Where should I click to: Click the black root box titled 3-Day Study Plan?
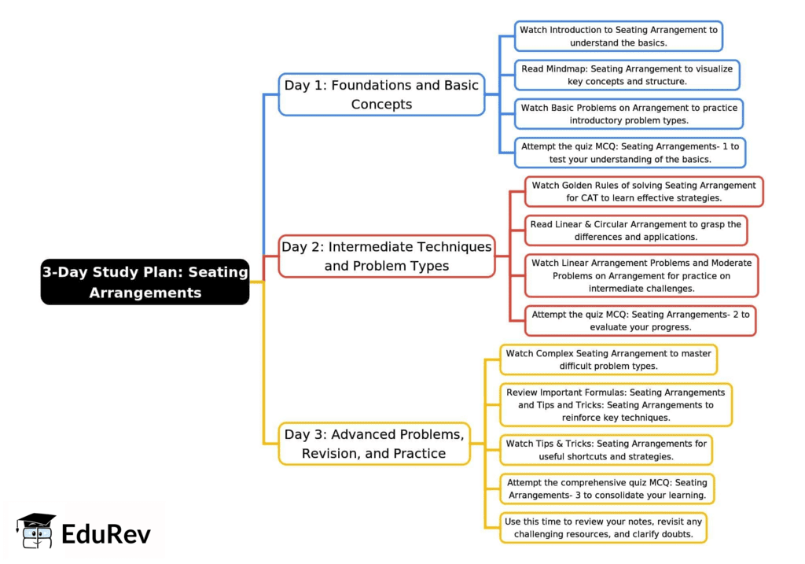(x=145, y=282)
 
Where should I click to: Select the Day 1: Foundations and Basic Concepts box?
(x=381, y=94)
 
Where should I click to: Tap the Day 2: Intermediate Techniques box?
(x=387, y=256)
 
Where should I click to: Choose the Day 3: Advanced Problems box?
(x=374, y=444)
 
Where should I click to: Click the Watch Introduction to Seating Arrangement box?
(x=619, y=36)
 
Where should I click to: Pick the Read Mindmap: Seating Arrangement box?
(x=627, y=75)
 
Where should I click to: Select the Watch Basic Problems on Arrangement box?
(x=629, y=113)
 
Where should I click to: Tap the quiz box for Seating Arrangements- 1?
(x=630, y=153)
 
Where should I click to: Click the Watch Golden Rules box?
(x=644, y=192)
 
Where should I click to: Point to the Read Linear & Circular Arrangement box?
(x=635, y=230)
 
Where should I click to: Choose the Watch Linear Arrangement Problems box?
(x=641, y=275)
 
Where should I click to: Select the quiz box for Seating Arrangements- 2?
(x=640, y=320)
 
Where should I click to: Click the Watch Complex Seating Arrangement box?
(x=608, y=359)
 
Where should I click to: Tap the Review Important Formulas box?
(x=616, y=405)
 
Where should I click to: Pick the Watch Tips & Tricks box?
(x=606, y=450)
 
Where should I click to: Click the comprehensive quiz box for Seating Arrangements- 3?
(x=607, y=488)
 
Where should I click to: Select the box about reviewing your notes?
(x=603, y=528)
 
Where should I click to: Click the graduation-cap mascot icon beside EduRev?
(x=36, y=531)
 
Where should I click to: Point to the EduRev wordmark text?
(x=106, y=533)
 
